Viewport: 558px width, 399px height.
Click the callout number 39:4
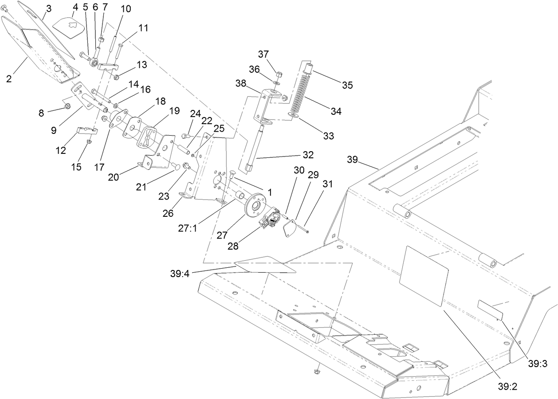click(180, 274)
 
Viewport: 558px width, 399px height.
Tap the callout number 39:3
click(538, 364)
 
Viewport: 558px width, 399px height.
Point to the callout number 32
click(308, 155)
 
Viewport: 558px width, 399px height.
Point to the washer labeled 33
click(293, 115)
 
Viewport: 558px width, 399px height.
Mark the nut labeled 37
click(279, 73)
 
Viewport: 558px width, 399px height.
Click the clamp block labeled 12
click(86, 131)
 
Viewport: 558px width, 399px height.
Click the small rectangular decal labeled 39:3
click(490, 309)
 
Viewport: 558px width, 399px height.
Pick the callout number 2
click(8, 79)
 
